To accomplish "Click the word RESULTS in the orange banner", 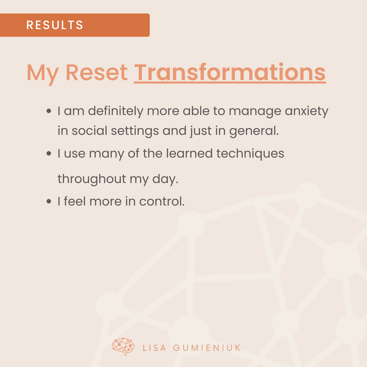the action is (x=55, y=25).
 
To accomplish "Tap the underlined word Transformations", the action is (x=230, y=72).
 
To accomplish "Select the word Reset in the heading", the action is (x=96, y=72).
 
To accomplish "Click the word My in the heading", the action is (x=43, y=74).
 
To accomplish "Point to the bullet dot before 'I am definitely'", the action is (x=49, y=111).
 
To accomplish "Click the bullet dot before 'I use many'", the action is (x=49, y=154).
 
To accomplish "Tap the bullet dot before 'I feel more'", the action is (x=49, y=201).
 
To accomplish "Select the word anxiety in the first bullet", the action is (x=306, y=112).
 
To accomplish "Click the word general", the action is (x=254, y=132).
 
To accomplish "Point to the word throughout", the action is (x=92, y=179).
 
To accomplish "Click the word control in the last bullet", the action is (x=162, y=201).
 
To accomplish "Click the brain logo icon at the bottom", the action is (x=123, y=347).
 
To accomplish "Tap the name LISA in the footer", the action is (x=154, y=348).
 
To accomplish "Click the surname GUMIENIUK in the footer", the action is (x=207, y=348).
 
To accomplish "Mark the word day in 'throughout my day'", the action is (x=165, y=179).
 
